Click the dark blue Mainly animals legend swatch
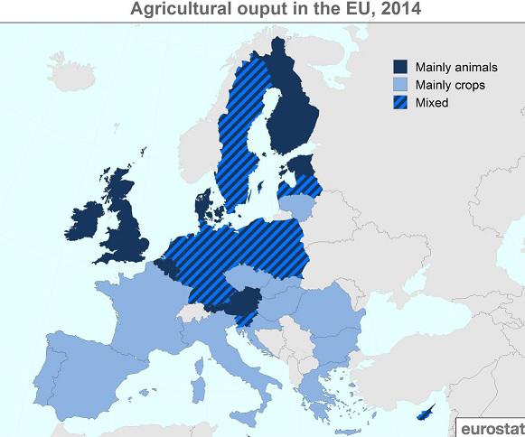[x=399, y=67]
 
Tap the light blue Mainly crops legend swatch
[x=399, y=85]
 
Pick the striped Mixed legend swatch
[x=399, y=103]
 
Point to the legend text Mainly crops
[x=449, y=85]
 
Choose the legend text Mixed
[x=432, y=103]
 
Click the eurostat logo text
[x=492, y=426]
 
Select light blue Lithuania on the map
[x=302, y=209]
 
